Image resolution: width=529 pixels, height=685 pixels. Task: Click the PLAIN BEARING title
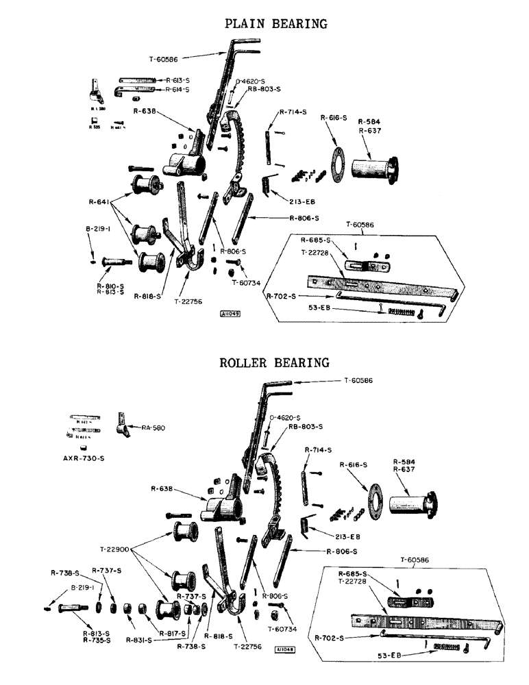pyautogui.click(x=276, y=24)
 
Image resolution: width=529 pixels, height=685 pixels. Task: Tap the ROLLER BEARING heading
pyautogui.click(x=274, y=362)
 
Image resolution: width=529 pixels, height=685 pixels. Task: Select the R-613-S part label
pyautogui.click(x=177, y=79)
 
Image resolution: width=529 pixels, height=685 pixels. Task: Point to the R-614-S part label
pyautogui.click(x=177, y=90)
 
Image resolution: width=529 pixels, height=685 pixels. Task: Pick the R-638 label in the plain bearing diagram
pyautogui.click(x=145, y=110)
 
